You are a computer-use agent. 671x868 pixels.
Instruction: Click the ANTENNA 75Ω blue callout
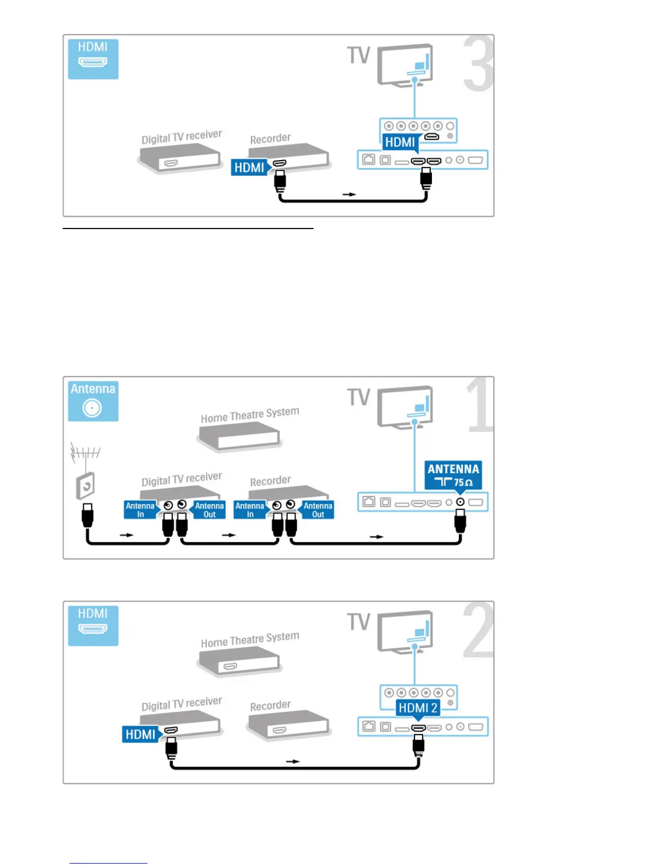point(453,475)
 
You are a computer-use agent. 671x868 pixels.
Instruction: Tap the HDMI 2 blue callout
point(418,707)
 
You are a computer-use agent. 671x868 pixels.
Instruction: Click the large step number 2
point(478,630)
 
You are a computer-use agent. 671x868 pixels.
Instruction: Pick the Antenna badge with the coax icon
point(93,399)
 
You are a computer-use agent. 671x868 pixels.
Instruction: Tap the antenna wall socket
point(86,485)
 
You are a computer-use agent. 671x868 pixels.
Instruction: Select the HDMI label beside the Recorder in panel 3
point(249,167)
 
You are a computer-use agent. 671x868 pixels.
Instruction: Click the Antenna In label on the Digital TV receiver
point(140,510)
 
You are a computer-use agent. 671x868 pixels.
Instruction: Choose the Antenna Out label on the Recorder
point(318,510)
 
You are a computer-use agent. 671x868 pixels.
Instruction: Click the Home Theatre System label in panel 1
point(250,415)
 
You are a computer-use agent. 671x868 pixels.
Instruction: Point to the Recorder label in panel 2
point(270,705)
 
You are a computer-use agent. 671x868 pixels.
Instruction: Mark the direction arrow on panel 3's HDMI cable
point(349,195)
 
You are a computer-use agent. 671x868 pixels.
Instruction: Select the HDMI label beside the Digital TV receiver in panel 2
point(140,734)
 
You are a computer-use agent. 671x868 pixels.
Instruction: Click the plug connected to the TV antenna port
point(460,521)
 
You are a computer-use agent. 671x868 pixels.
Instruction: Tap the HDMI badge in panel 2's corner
point(93,624)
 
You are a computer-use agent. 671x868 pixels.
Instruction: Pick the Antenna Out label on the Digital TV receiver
point(209,510)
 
